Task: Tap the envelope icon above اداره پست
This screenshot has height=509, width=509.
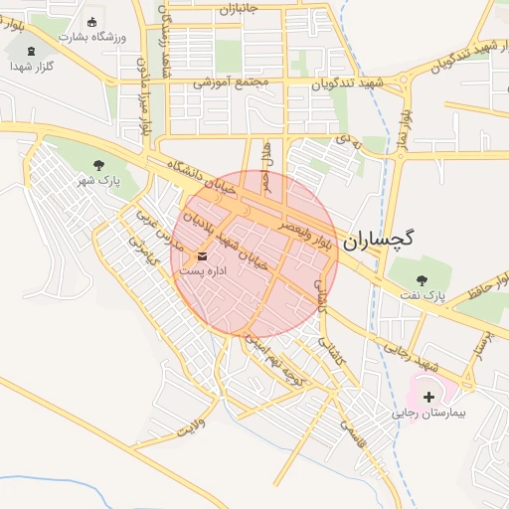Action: (x=203, y=256)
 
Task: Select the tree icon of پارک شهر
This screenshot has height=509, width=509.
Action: (x=97, y=165)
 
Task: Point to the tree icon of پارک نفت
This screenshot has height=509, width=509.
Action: (x=422, y=279)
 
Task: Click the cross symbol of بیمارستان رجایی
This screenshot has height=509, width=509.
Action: (x=428, y=397)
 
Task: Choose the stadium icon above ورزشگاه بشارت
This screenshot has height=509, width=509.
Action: (x=92, y=22)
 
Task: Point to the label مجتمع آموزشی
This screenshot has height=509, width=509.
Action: (x=226, y=82)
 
